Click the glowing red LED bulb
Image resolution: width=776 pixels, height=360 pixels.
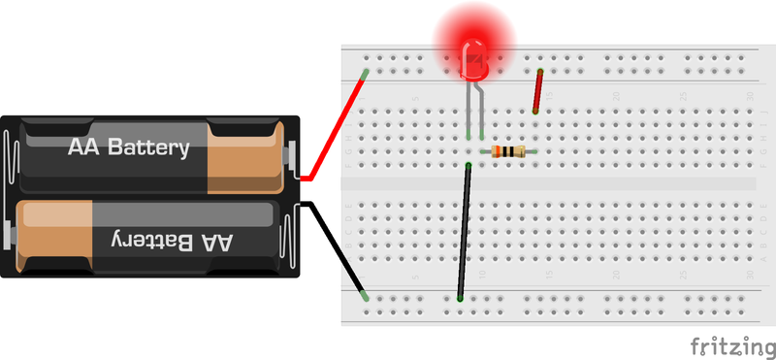(474, 53)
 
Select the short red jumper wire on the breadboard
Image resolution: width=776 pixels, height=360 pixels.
(537, 91)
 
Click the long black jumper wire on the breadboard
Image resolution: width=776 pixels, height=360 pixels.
(464, 233)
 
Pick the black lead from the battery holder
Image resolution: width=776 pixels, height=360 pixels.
(334, 246)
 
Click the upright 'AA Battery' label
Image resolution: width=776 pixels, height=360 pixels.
(127, 148)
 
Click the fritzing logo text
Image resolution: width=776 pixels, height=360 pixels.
(731, 346)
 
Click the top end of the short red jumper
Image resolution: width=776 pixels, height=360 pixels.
(540, 71)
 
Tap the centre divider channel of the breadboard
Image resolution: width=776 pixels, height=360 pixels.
(548, 183)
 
